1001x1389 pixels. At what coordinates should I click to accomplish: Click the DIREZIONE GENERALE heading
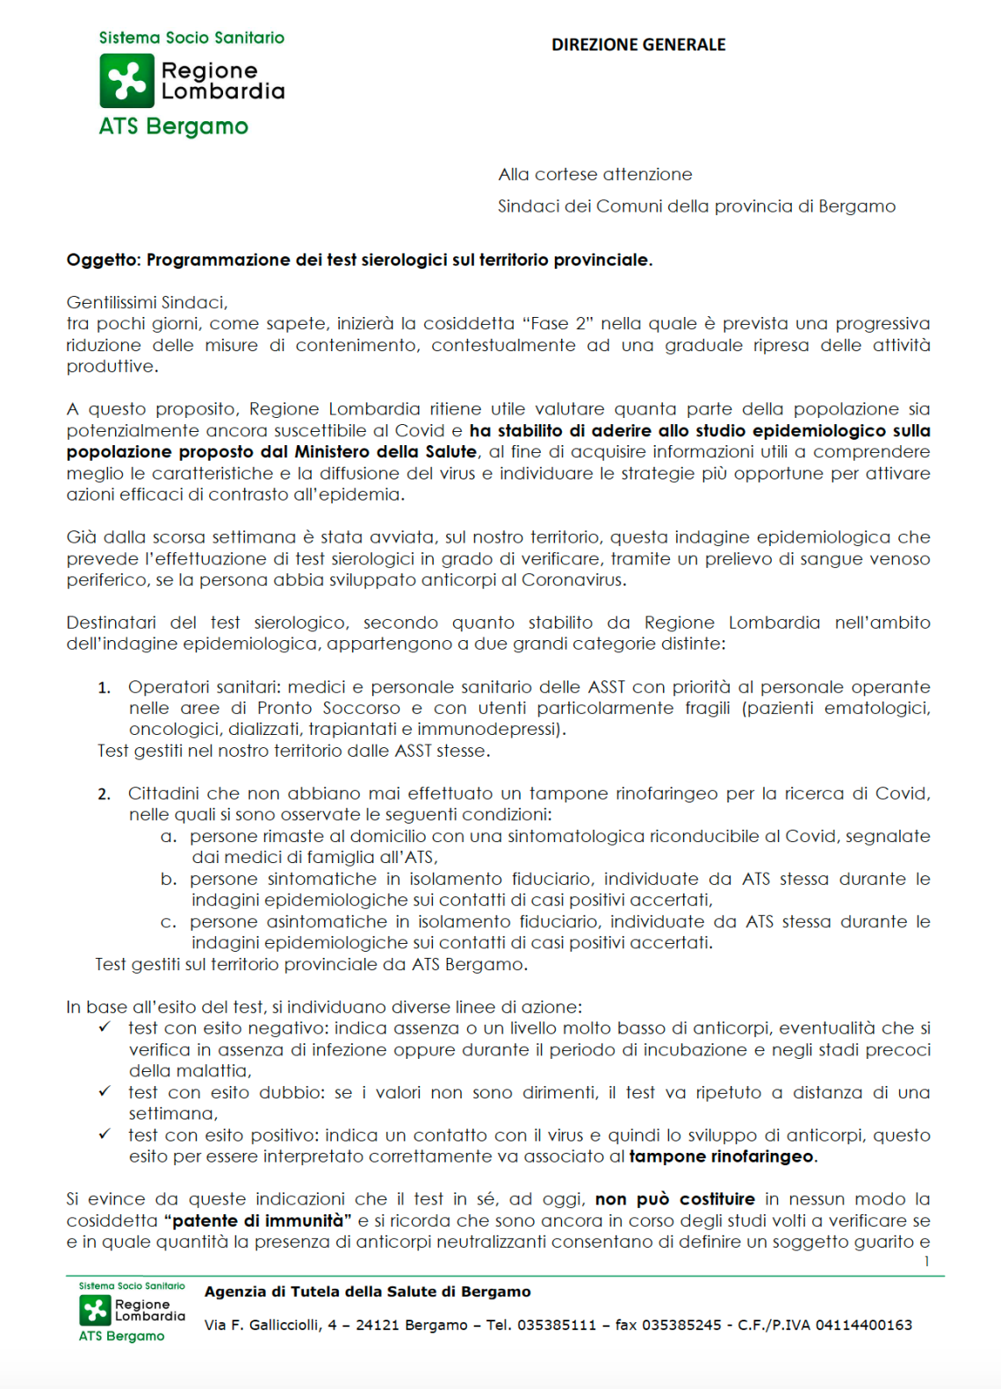638,45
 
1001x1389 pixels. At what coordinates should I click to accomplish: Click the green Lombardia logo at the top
127,81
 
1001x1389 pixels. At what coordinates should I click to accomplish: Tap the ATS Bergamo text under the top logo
173,126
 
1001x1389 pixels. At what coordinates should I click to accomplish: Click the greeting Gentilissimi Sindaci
147,303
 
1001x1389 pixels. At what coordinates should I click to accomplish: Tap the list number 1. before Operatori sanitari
104,687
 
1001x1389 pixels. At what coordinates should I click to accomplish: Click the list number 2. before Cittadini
104,795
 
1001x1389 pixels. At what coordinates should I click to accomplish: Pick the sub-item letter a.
169,837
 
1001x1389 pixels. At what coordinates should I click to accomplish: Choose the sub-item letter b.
169,880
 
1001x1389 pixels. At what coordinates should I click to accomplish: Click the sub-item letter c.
169,923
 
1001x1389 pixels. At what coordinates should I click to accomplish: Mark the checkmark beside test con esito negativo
104,1027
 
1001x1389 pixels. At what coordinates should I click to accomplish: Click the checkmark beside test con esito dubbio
104,1091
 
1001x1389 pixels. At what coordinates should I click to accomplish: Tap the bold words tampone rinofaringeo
721,1157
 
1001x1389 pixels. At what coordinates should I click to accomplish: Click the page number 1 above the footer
926,1262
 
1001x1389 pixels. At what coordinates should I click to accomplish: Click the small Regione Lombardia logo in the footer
95,1310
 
